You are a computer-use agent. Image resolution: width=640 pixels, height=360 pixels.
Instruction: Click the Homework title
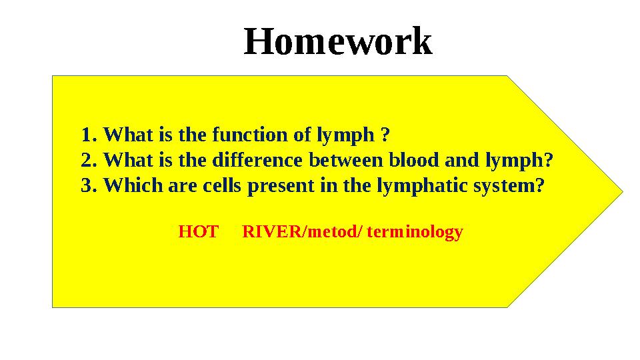click(338, 41)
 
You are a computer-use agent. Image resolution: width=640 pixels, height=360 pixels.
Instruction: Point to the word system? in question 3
click(508, 186)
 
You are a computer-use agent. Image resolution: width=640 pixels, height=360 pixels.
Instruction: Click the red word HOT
click(198, 232)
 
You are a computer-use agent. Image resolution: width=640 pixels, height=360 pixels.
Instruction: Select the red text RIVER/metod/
click(302, 232)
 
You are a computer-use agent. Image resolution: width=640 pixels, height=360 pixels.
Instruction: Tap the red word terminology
click(415, 233)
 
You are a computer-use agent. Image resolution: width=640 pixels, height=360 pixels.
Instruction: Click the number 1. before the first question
click(89, 135)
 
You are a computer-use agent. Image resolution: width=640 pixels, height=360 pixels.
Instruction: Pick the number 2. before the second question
click(89, 161)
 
